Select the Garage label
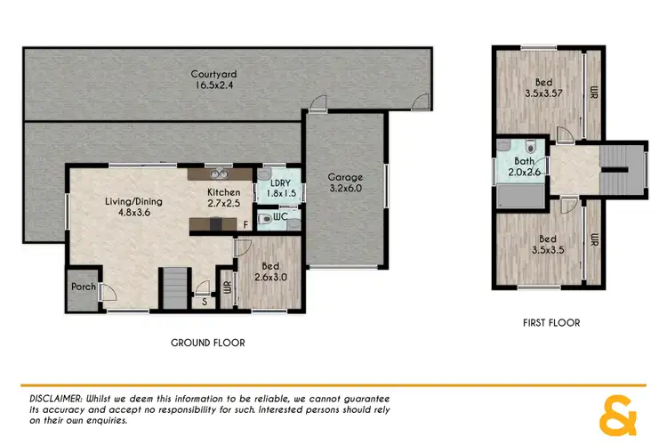[x=345, y=176]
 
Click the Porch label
[x=83, y=287]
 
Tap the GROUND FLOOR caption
[x=207, y=343]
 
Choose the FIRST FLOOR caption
[x=551, y=323]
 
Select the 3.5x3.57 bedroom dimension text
[x=544, y=92]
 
